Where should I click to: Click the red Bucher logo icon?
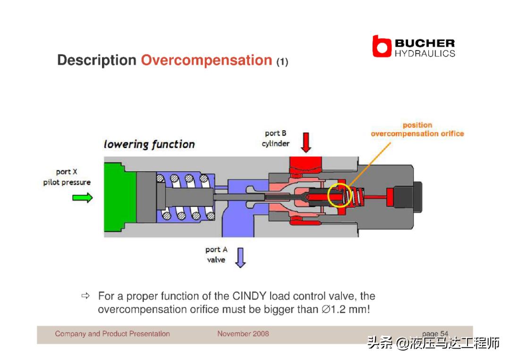point(382,46)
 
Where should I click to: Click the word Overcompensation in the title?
point(206,60)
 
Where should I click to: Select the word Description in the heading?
point(97,60)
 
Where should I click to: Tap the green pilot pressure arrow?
point(83,198)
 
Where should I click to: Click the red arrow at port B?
point(306,142)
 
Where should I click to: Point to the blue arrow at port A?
point(240,258)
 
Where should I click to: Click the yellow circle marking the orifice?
point(339,195)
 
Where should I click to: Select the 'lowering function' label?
point(149,144)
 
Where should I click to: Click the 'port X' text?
point(67,172)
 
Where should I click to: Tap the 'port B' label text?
point(275,133)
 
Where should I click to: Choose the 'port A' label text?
point(216,250)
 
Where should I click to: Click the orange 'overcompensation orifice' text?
point(417,134)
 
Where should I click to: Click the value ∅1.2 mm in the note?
point(346,310)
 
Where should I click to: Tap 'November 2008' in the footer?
point(243,334)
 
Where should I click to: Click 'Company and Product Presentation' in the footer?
point(112,334)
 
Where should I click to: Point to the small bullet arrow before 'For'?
point(85,296)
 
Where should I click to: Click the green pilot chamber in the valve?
point(119,197)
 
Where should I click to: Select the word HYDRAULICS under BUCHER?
point(425,53)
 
